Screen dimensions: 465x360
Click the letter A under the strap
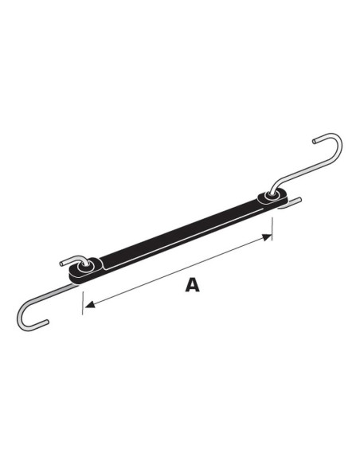(x=192, y=284)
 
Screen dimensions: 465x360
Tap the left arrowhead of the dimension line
(x=89, y=303)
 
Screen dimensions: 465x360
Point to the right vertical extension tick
(x=273, y=227)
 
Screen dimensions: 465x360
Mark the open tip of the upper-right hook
(x=317, y=136)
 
